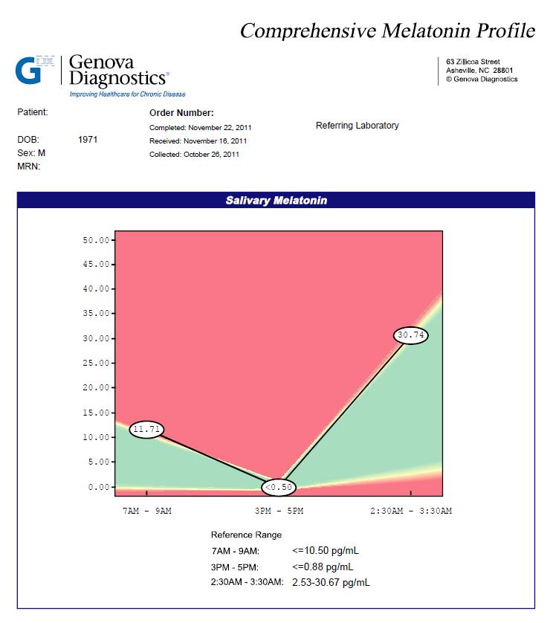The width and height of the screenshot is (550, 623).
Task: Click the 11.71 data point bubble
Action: click(146, 429)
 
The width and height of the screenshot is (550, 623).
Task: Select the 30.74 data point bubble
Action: click(410, 335)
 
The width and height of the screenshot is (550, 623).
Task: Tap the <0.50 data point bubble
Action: click(279, 487)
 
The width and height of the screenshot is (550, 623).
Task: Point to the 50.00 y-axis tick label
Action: click(96, 240)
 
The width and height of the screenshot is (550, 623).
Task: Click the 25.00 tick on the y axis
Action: click(96, 363)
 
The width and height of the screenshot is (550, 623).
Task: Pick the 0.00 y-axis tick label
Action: click(99, 487)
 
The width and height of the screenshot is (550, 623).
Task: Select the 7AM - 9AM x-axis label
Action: click(147, 511)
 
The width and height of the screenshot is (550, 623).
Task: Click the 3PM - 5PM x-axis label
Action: click(279, 511)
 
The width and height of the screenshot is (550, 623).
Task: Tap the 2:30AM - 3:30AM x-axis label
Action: click(411, 511)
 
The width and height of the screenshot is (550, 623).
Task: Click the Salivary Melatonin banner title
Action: click(276, 200)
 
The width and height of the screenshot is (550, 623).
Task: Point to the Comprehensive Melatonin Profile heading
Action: click(387, 30)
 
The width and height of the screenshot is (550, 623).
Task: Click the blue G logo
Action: click(28, 71)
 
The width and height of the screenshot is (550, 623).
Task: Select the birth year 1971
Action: click(88, 140)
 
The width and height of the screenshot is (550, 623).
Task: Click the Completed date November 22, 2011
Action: click(219, 128)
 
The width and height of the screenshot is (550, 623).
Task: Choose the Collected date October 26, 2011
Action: click(211, 154)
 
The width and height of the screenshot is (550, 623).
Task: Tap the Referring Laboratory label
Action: click(357, 126)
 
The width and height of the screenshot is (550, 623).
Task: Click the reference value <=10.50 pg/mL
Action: click(326, 551)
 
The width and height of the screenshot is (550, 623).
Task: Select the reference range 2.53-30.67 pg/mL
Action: click(331, 582)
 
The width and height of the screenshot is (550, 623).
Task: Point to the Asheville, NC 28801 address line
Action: click(479, 71)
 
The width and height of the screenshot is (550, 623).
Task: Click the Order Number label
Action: click(181, 113)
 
